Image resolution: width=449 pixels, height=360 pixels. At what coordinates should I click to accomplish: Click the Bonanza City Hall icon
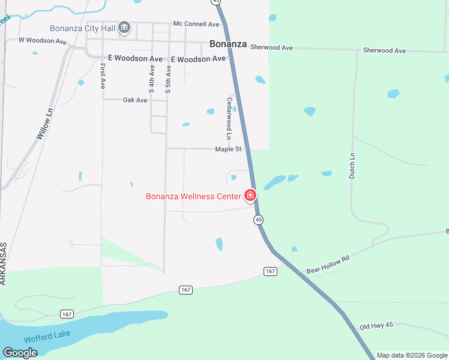click(x=124, y=28)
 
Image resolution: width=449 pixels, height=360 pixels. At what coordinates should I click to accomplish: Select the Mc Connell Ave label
click(x=196, y=24)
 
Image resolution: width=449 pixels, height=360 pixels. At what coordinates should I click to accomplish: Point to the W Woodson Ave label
click(x=42, y=41)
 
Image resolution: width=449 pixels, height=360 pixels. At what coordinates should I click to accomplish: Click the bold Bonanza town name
click(x=228, y=44)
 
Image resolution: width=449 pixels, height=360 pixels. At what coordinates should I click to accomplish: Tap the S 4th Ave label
click(x=152, y=78)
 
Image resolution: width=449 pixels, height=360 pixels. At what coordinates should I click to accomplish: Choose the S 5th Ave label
click(x=168, y=78)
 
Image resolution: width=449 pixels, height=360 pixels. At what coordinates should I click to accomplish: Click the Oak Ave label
click(x=135, y=100)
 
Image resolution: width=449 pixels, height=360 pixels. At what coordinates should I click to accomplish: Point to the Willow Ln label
click(x=44, y=124)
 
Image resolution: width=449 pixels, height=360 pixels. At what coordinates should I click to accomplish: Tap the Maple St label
click(x=228, y=149)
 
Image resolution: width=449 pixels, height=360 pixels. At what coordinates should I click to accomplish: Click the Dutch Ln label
click(x=352, y=165)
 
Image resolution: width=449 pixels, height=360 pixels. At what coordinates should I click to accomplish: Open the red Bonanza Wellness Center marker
click(x=250, y=196)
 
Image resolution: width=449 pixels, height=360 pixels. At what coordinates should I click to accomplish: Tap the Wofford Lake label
click(x=47, y=334)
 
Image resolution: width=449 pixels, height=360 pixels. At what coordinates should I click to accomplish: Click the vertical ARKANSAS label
click(x=4, y=263)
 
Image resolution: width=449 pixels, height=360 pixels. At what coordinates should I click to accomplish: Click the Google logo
click(x=20, y=353)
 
